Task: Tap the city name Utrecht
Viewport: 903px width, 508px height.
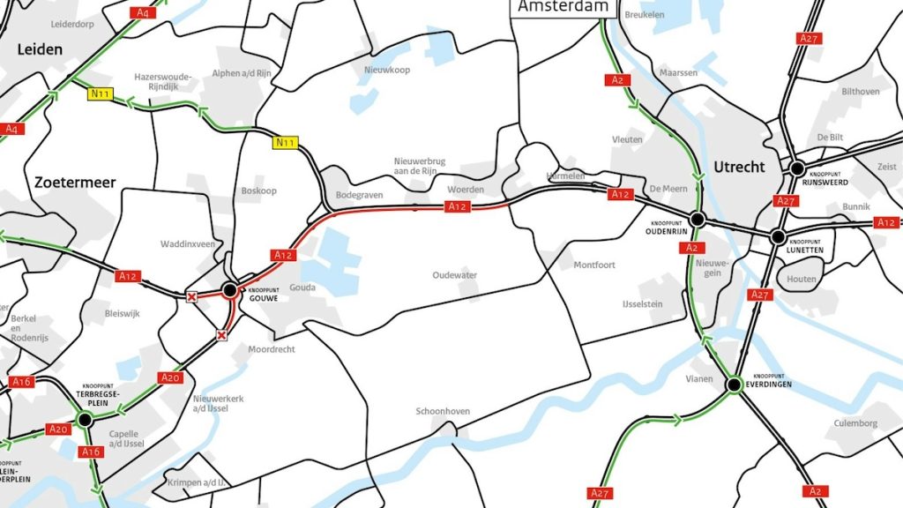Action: point(739,167)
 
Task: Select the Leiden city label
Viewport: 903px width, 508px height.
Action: point(40,49)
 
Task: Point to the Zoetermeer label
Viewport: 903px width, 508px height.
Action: point(75,183)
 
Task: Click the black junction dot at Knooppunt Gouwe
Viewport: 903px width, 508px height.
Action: point(229,289)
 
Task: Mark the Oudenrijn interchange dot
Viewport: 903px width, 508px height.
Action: point(697,219)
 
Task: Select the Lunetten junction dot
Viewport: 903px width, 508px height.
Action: point(778,236)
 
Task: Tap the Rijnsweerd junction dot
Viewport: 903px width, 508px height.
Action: point(797,168)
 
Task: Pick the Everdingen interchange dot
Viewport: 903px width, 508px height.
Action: point(734,385)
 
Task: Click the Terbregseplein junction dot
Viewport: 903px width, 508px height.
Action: point(85,420)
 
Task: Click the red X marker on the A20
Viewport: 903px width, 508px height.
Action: point(222,335)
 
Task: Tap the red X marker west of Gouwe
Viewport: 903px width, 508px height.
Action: point(191,297)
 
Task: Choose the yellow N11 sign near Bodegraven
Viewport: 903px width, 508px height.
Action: point(285,143)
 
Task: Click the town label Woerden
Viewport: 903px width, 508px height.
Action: point(466,190)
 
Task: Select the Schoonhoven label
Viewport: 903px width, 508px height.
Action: point(443,412)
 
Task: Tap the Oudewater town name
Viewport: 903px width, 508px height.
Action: point(454,275)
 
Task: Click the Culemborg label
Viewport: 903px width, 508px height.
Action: point(855,423)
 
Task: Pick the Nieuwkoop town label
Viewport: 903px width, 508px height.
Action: point(387,70)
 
